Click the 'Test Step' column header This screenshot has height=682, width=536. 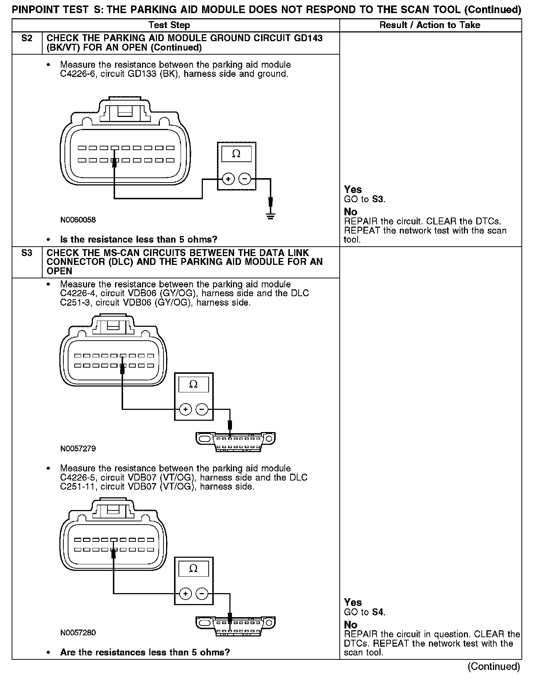pos(169,25)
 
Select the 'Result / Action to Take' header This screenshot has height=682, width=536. pos(430,25)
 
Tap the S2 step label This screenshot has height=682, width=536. pos(27,38)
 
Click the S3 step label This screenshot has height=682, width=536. pos(27,253)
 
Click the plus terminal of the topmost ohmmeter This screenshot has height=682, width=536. pos(228,179)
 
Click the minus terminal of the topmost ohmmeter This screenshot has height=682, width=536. pos(245,179)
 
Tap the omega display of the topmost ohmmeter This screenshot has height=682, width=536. pos(236,154)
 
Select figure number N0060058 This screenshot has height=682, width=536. pos(78,220)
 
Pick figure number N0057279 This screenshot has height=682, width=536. pos(78,448)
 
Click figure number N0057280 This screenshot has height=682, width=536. pos(78,633)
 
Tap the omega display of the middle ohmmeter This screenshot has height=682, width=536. pos(193,384)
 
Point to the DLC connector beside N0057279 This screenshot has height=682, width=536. pos(235,441)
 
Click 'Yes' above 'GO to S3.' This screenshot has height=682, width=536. pos(353,189)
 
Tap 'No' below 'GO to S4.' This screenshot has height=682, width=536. pos(351,625)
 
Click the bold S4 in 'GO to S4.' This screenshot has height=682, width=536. pos(378,612)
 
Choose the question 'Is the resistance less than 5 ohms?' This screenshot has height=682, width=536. pos(138,239)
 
